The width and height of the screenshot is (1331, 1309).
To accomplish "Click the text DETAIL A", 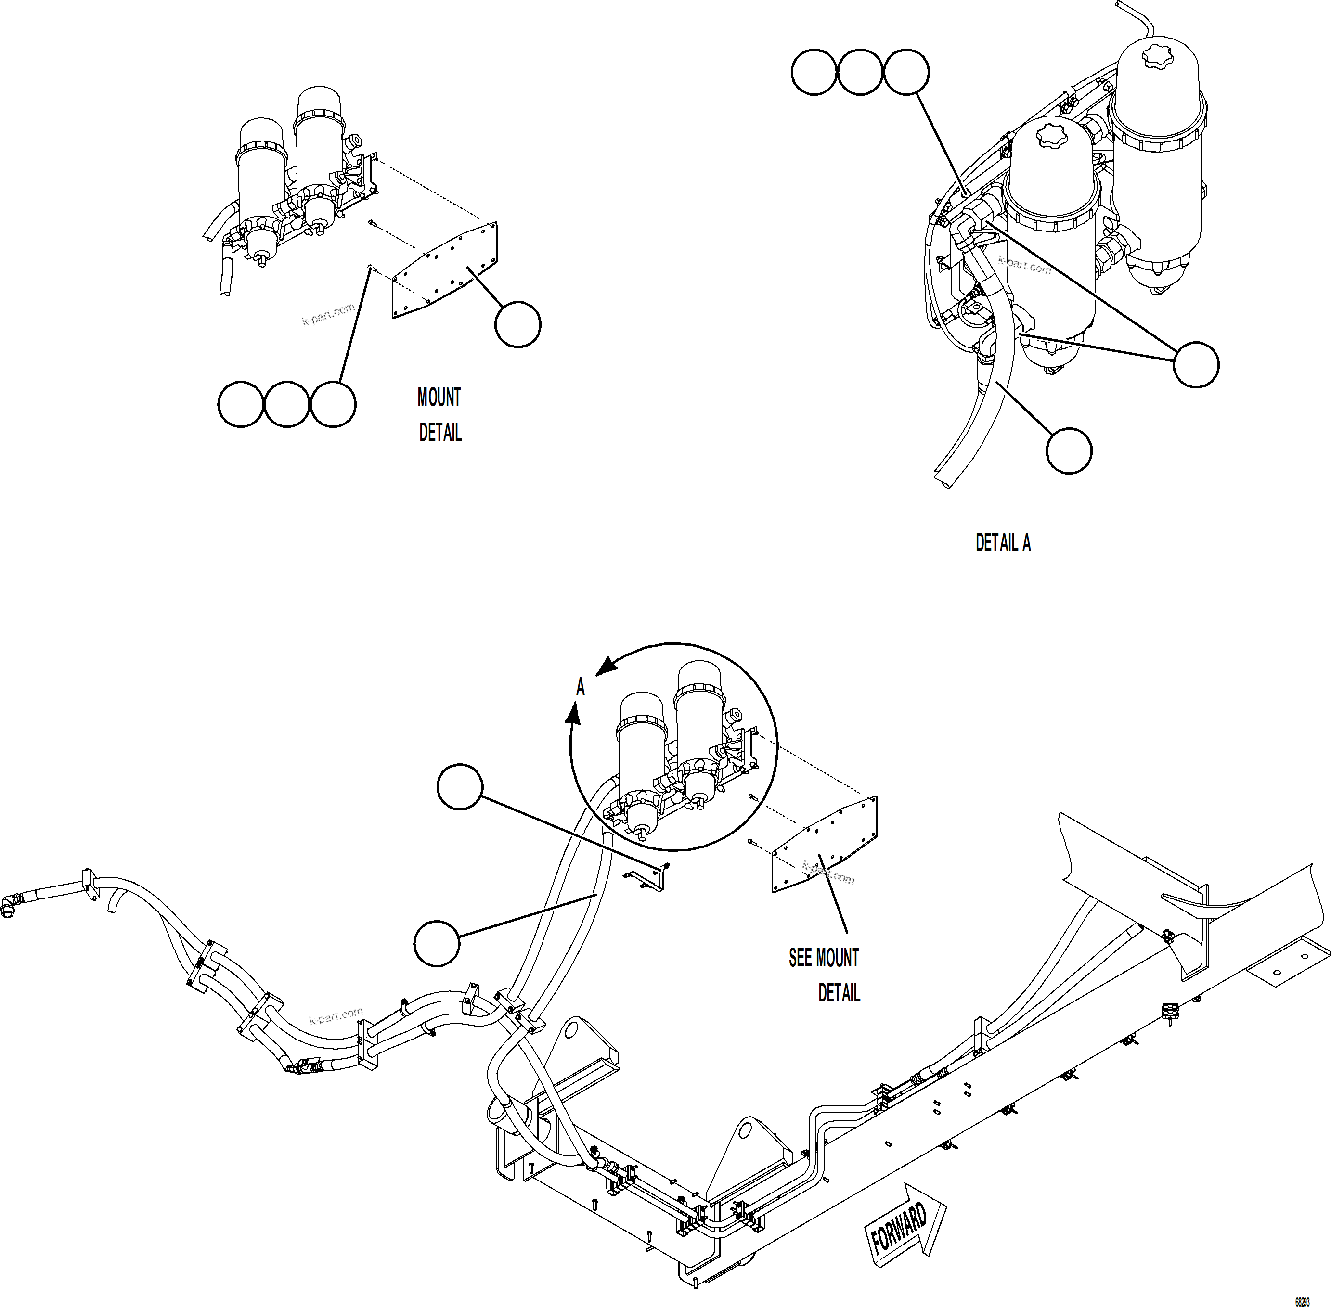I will point(1003,543).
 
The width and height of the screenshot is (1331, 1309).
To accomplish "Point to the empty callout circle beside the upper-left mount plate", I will point(517,324).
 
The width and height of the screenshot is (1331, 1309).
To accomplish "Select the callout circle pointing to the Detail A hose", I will point(1068,451).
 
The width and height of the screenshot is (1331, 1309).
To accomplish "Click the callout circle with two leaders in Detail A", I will point(1196,364).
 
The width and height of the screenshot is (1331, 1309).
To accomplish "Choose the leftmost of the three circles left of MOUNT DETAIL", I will point(241,404).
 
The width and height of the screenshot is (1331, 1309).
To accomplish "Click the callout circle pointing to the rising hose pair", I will point(437,943).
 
